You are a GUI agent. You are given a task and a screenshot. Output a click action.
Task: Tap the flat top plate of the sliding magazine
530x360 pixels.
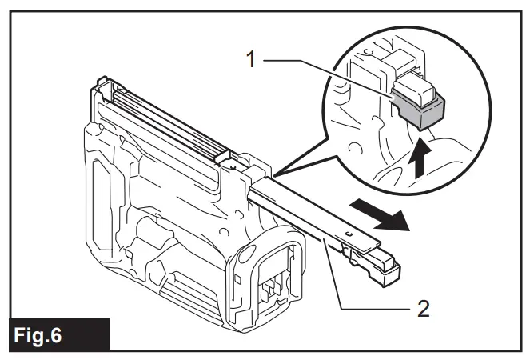[x=320, y=216]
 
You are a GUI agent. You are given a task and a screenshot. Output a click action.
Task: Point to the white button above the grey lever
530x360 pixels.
[x=415, y=86]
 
